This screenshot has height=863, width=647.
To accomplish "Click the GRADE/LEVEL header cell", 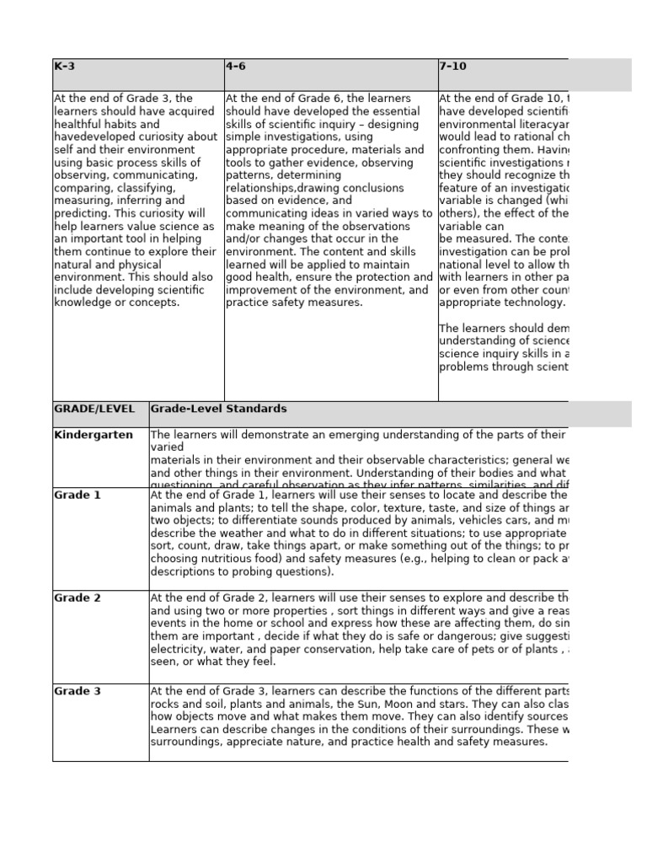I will (x=94, y=409).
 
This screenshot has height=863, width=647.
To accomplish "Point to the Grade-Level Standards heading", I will (x=218, y=409).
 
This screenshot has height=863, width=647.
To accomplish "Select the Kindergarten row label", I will (x=94, y=435).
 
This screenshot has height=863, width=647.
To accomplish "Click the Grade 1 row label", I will (x=78, y=496).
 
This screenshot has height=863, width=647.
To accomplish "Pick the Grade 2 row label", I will (x=78, y=598).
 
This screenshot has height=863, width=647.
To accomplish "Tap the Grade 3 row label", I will (x=78, y=691).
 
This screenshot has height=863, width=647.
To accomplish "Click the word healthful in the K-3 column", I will (x=78, y=124).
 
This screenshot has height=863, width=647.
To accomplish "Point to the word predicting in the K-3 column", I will (x=83, y=213).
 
